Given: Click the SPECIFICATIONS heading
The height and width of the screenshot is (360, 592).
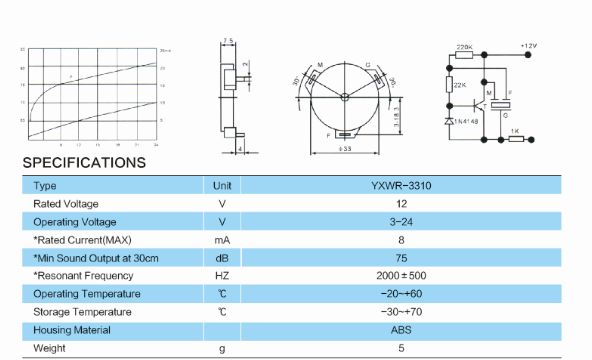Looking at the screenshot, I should point(84,162).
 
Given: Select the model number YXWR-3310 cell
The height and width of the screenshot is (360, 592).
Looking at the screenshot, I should point(401,186).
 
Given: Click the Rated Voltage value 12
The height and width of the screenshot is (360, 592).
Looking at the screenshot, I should point(401,204).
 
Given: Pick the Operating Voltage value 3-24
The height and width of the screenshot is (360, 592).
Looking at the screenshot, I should point(401,222).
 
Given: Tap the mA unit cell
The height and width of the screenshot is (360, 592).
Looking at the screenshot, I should point(222,240).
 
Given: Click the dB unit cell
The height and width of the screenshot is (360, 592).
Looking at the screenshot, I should point(222,258).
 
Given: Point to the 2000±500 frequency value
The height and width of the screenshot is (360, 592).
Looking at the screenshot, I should point(401,276).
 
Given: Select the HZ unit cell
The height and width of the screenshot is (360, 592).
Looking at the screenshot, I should point(222,276).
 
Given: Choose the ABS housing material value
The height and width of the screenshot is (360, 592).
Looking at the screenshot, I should point(401,330).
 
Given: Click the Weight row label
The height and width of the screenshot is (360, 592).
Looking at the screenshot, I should point(49,348).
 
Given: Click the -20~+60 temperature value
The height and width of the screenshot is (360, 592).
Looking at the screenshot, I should point(401,294).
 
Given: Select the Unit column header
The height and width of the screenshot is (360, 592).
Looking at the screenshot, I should point(222,186).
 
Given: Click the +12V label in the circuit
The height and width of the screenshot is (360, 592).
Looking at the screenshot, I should point(529,46).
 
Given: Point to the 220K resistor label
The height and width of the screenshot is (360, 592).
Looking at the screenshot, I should point(464,46).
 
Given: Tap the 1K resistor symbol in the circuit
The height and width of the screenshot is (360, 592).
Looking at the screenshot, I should point(514,139).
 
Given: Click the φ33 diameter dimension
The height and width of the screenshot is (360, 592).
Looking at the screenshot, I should point(344,150).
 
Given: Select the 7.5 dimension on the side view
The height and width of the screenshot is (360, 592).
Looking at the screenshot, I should point(227,42).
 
